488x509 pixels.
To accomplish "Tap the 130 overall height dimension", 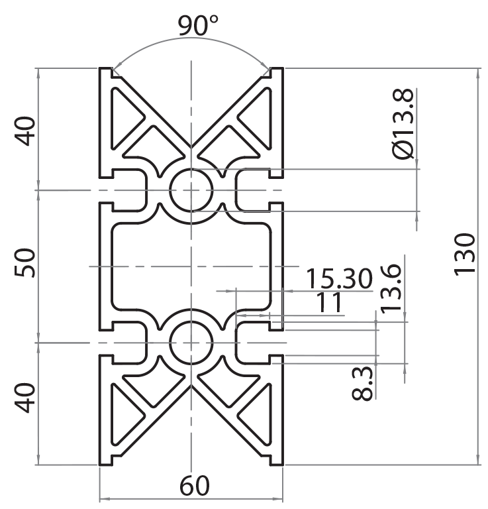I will (465, 254).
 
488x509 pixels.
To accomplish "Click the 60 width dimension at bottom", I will (193, 487).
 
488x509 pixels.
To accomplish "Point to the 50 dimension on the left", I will (25, 264).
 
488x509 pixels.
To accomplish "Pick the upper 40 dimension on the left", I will (25, 131).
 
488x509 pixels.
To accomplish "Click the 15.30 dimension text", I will (338, 279).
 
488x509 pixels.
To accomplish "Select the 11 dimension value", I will (329, 303).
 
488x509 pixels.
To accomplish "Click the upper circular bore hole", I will (191, 190).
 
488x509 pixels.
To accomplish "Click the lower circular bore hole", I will (191, 343).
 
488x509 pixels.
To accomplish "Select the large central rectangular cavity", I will (191, 266).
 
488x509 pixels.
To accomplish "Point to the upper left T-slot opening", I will (122, 190).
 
